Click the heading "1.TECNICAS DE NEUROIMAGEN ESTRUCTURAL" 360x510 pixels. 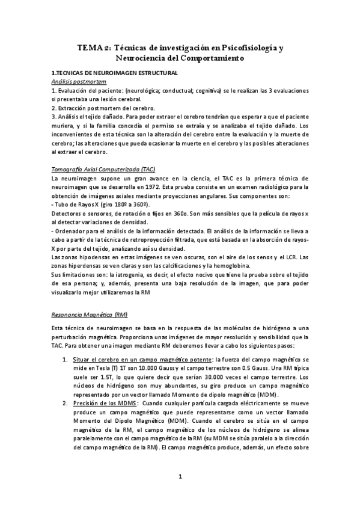point(114,73)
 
